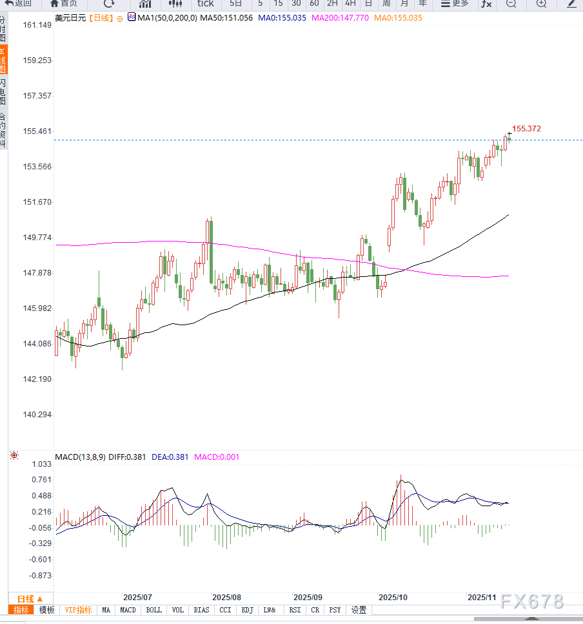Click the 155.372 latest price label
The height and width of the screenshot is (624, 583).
(x=526, y=129)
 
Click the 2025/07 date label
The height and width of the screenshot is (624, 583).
(x=137, y=598)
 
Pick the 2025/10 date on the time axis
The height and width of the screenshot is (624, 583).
(x=393, y=598)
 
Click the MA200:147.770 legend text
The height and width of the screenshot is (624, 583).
(x=340, y=17)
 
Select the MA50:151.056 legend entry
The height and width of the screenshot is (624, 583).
(x=226, y=17)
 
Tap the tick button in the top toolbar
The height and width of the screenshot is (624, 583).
(x=205, y=3)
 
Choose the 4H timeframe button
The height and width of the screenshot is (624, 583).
(x=350, y=3)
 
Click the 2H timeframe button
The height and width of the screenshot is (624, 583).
(x=332, y=3)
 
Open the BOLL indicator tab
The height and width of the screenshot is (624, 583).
(x=153, y=610)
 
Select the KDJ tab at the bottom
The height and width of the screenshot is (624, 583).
(x=248, y=610)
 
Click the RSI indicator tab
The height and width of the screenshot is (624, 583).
(x=295, y=610)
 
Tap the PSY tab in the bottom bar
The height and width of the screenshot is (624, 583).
(x=335, y=610)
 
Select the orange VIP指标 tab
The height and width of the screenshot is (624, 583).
(x=78, y=610)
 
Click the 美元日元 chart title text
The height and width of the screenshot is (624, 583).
(x=70, y=17)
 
